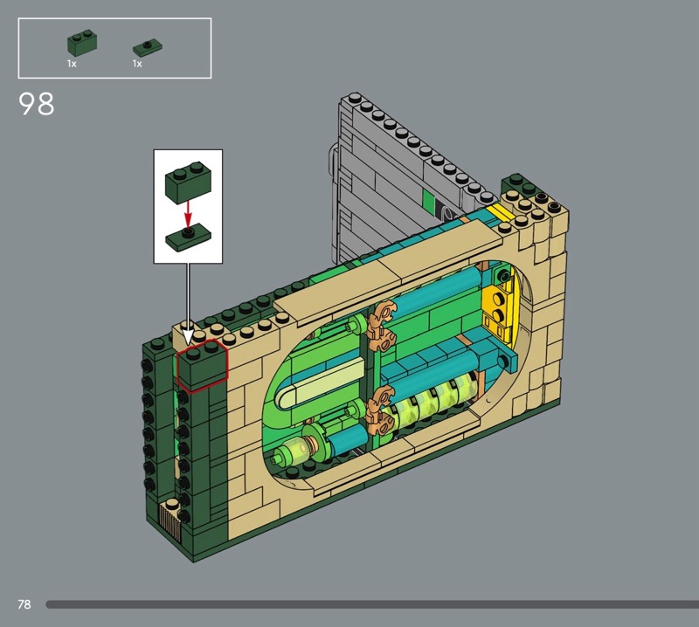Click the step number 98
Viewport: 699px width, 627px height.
[37, 103]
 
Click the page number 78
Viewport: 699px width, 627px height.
[24, 604]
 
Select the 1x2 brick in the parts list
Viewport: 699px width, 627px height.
[82, 43]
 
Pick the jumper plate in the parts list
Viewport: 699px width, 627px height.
[148, 47]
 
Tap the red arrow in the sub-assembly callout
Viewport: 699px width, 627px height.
[188, 214]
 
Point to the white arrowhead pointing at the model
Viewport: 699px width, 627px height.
[188, 336]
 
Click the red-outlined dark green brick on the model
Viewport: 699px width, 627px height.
[203, 365]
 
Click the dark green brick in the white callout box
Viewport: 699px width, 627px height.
[188, 183]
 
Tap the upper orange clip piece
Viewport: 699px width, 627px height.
[382, 325]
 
